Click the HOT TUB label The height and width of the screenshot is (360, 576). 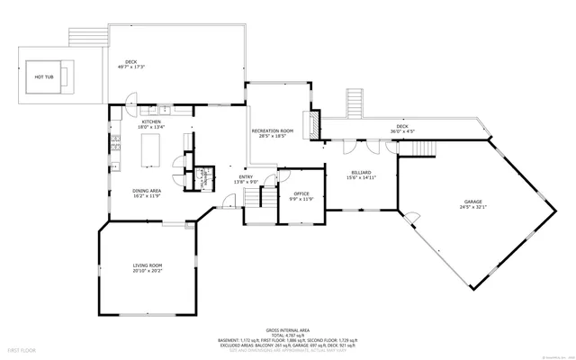[x=44, y=77]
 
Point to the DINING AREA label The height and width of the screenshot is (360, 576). [x=147, y=190]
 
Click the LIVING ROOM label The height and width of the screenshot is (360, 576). [x=148, y=265]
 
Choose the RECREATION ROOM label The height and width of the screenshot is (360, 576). [x=272, y=130]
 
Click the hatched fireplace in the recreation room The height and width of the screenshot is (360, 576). [x=314, y=125]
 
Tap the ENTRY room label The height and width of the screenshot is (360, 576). [x=247, y=176]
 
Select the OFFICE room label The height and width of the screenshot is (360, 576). [x=301, y=193]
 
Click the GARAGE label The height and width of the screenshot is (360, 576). [x=473, y=202]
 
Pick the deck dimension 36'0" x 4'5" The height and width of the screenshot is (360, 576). [x=402, y=131]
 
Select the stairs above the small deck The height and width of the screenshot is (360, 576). [x=356, y=103]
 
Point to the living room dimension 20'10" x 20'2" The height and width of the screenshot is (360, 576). [x=148, y=270]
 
